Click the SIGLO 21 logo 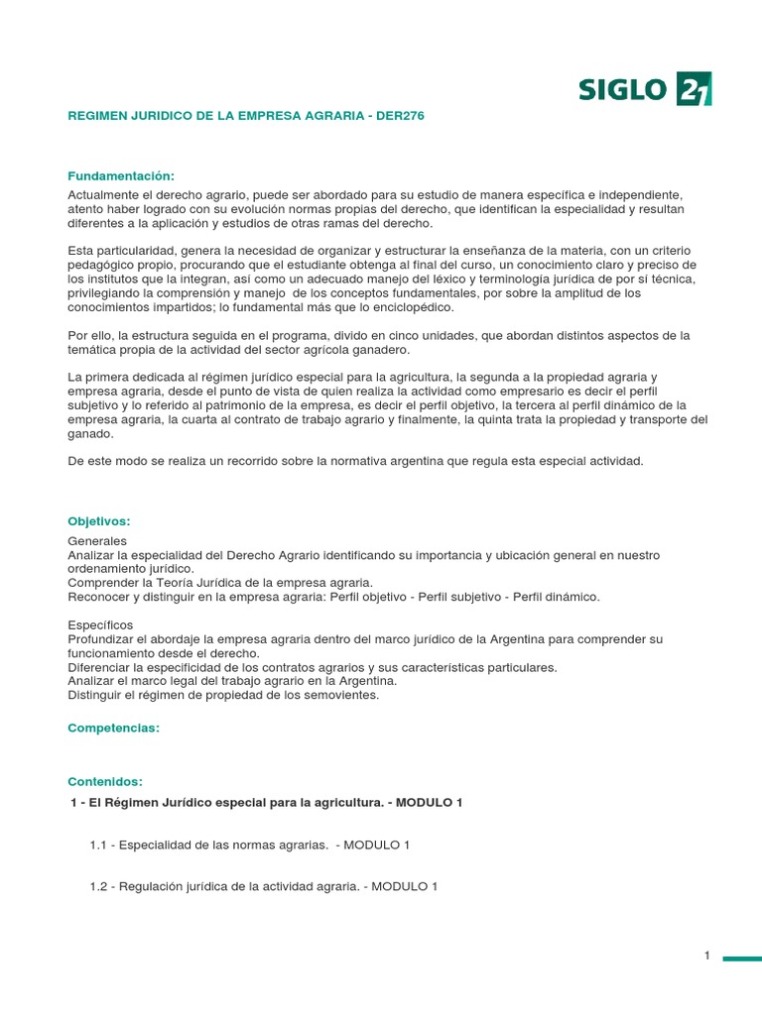pos(645,89)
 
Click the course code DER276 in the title pos(400,116)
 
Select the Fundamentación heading pos(120,175)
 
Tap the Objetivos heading pos(99,521)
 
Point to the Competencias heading pos(113,728)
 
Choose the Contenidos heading pos(105,781)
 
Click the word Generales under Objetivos pos(97,541)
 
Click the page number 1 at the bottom pos(707,956)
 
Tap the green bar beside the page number pos(741,959)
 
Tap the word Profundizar pos(105,639)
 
